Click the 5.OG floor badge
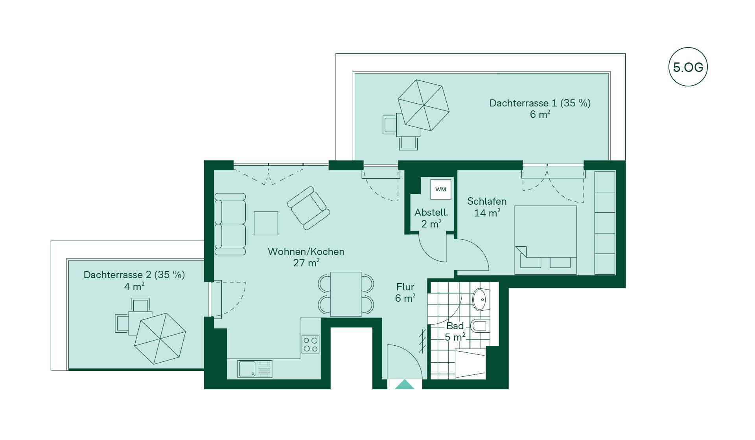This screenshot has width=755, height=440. pyautogui.click(x=688, y=67)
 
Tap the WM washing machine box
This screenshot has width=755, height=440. pyautogui.click(x=440, y=189)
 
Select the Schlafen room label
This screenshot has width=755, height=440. pyautogui.click(x=487, y=201)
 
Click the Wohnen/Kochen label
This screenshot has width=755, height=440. pyautogui.click(x=306, y=251)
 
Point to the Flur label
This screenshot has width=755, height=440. pyautogui.click(x=405, y=287)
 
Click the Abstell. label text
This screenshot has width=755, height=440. pyautogui.click(x=431, y=213)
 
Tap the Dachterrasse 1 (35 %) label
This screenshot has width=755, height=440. pyautogui.click(x=540, y=103)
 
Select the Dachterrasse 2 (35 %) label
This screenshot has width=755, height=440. pyautogui.click(x=134, y=275)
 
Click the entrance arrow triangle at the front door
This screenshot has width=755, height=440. pyautogui.click(x=405, y=384)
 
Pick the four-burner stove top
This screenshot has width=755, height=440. pyautogui.click(x=310, y=344)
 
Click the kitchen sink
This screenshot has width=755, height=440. pyautogui.click(x=254, y=369)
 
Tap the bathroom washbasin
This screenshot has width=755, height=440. pyautogui.click(x=481, y=301)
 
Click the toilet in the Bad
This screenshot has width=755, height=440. pyautogui.click(x=480, y=326)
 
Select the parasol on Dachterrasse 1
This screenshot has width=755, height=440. pyautogui.click(x=424, y=105)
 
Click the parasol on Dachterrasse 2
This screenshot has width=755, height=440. pyautogui.click(x=160, y=339)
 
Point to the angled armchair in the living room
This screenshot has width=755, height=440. pyautogui.click(x=308, y=208)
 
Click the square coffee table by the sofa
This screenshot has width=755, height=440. pyautogui.click(x=266, y=223)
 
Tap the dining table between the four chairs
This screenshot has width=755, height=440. pyautogui.click(x=346, y=294)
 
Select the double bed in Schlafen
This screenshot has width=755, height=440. pyautogui.click(x=545, y=240)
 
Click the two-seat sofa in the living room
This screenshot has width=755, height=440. pyautogui.click(x=230, y=224)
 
